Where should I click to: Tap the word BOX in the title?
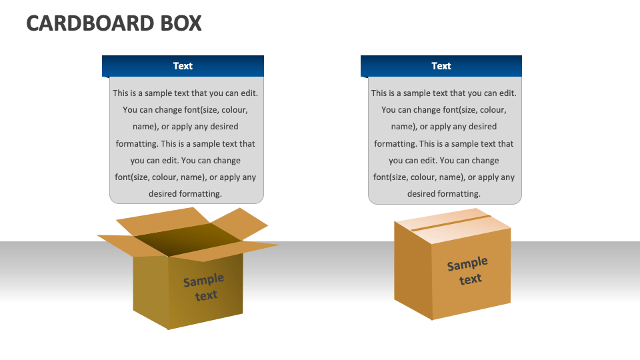(180, 23)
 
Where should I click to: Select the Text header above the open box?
(183, 66)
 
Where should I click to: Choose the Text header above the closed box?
(441, 66)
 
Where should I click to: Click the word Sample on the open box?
(203, 280)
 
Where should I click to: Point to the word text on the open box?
(207, 295)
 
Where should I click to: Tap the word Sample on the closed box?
(467, 264)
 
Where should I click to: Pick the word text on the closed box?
(471, 279)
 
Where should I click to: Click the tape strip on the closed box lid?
(450, 223)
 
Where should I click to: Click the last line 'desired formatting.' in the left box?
(185, 194)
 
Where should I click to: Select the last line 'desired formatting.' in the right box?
(443, 194)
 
